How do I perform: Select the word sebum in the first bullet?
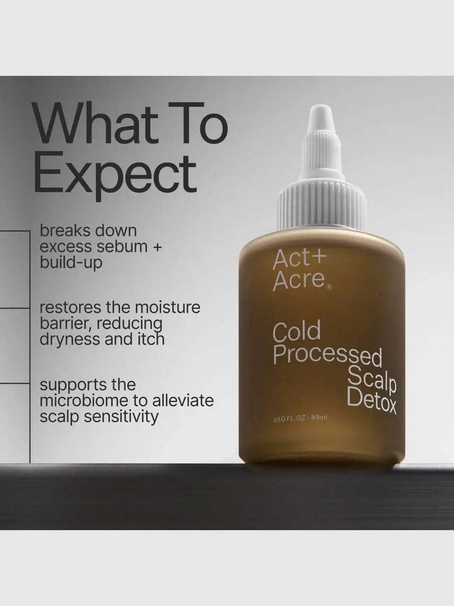pos(124,247)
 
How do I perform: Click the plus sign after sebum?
pos(157,247)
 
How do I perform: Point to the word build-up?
pos(71,262)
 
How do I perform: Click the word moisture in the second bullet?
pos(167,307)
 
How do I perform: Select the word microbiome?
pos(84,401)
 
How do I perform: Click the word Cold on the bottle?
pos(296,332)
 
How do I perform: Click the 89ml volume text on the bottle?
pos(319,418)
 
